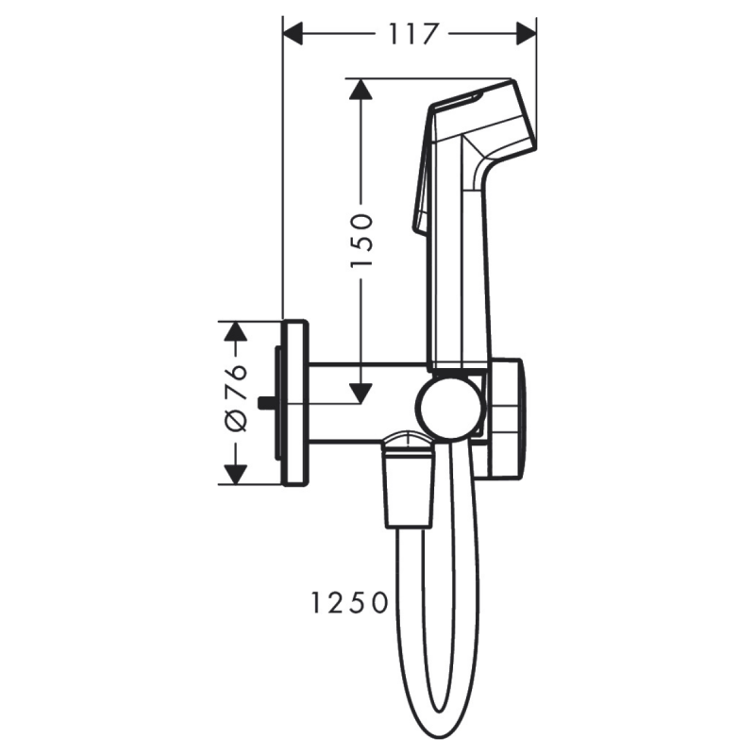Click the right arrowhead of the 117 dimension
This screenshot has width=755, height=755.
[x=526, y=34]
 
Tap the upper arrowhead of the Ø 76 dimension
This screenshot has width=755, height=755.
[x=235, y=331]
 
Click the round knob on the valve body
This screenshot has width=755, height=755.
[x=447, y=409]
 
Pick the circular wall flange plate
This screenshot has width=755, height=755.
[x=295, y=403]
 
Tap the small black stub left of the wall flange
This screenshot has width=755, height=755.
[x=265, y=404]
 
